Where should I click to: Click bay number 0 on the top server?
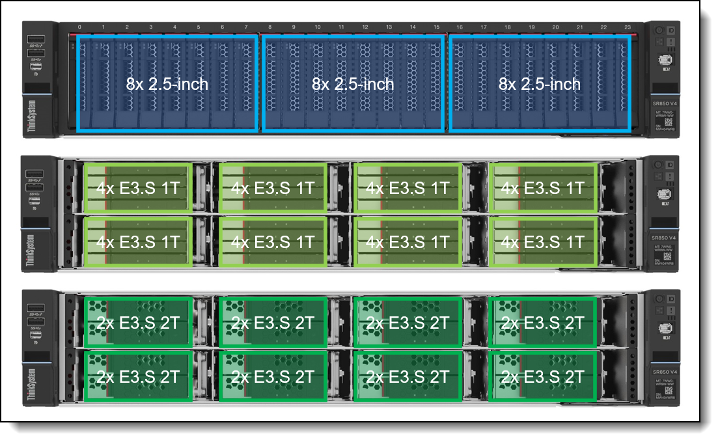pyautogui.click(x=79, y=28)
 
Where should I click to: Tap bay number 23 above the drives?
pyautogui.click(x=628, y=28)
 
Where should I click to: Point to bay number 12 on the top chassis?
pyautogui.click(x=365, y=28)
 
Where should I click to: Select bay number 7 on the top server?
pyautogui.click(x=246, y=28)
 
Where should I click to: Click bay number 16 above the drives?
pyautogui.click(x=460, y=28)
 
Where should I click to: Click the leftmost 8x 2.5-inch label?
pyautogui.click(x=167, y=84)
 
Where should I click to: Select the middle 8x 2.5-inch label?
pyautogui.click(x=353, y=84)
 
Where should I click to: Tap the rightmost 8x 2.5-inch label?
pyautogui.click(x=540, y=84)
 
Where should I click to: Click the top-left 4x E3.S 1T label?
pyautogui.click(x=138, y=188)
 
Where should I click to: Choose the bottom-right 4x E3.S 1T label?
pyautogui.click(x=542, y=242)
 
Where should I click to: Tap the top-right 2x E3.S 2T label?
pyautogui.click(x=542, y=322)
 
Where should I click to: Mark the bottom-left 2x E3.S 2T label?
pyautogui.click(x=138, y=376)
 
